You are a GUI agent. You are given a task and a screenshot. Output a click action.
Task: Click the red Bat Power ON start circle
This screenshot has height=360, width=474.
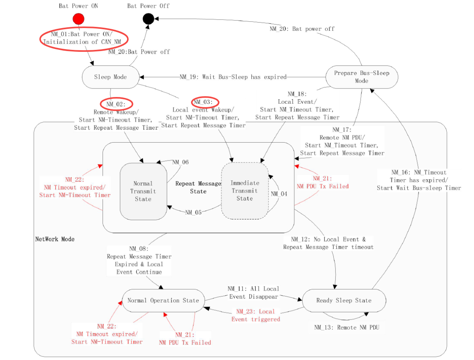[78, 18]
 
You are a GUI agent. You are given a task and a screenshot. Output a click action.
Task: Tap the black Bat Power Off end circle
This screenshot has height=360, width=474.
[148, 18]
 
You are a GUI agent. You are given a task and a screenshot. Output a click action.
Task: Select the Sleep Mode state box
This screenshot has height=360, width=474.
[110, 77]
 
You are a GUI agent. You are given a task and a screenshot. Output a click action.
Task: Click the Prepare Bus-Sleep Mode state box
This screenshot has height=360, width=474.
[361, 77]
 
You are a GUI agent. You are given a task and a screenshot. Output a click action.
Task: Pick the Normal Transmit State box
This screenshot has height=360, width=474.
[143, 191]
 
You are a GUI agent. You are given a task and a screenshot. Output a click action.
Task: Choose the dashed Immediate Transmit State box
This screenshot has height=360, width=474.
[244, 191]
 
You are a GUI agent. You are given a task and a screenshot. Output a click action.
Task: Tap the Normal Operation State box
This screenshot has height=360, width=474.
[163, 300]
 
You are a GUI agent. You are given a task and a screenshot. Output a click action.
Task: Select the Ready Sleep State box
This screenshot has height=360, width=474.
[344, 300]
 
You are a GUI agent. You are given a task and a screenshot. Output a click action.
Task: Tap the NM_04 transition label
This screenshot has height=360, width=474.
[279, 194]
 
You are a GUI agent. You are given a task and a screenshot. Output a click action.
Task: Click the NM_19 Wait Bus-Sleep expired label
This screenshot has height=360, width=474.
[233, 77]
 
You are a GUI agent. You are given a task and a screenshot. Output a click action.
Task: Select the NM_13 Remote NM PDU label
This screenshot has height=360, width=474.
[347, 327]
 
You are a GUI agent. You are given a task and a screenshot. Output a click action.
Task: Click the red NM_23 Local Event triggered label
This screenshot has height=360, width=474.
[256, 315]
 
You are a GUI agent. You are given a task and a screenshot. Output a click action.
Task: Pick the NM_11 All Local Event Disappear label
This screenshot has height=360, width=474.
[253, 293]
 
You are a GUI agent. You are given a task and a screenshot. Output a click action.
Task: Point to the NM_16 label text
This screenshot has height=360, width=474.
[419, 180]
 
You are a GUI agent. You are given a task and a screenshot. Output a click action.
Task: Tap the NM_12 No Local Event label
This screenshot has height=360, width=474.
[328, 243]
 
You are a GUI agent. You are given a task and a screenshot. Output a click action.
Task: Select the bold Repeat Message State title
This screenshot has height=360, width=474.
[198, 187]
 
